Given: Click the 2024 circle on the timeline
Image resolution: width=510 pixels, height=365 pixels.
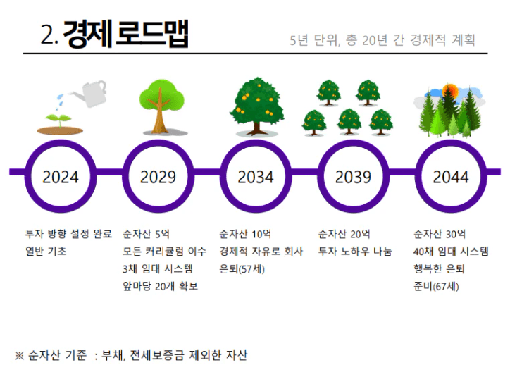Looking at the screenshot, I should click(61, 175).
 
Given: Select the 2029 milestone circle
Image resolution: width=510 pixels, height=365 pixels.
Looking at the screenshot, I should click(158, 175).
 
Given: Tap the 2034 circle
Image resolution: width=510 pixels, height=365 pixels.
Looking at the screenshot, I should click(255, 175).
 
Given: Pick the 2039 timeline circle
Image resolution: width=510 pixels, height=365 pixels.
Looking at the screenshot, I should click(353, 175).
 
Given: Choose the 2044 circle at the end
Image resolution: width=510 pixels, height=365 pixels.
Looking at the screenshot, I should click(450, 175).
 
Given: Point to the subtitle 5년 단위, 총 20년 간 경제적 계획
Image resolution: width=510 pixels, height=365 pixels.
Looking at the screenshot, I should click(382, 39).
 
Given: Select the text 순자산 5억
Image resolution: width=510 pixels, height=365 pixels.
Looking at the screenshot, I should click(146, 233).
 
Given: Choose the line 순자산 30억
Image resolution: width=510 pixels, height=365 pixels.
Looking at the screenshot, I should click(440, 233).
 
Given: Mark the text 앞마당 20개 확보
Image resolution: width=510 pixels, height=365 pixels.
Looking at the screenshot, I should click(160, 286).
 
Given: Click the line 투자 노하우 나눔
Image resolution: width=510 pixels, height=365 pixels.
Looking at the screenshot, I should click(354, 251).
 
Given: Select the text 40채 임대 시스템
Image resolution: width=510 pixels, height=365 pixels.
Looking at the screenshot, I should click(451, 251).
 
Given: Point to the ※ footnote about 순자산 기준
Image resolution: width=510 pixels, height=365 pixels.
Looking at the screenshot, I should click(131, 354).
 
